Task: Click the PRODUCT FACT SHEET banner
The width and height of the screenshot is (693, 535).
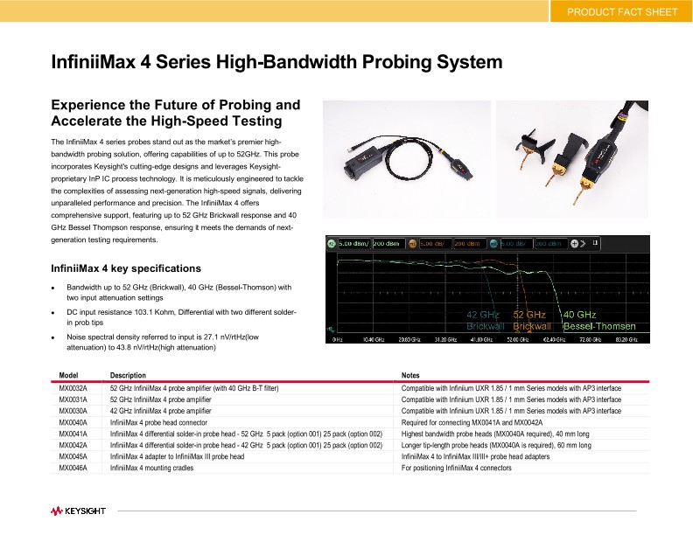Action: click(x=621, y=11)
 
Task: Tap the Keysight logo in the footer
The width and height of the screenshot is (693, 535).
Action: click(x=78, y=509)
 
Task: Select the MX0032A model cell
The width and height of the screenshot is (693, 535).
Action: click(x=73, y=387)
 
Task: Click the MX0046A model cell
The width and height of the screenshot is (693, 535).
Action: click(x=73, y=468)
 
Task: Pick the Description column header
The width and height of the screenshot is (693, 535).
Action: click(x=128, y=375)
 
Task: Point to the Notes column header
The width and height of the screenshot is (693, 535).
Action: click(x=410, y=375)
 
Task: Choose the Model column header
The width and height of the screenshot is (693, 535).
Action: click(x=68, y=375)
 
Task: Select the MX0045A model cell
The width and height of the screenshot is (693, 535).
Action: click(x=73, y=456)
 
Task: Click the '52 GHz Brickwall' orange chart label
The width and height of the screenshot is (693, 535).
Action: click(x=531, y=320)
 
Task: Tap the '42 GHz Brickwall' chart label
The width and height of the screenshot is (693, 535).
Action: click(x=485, y=320)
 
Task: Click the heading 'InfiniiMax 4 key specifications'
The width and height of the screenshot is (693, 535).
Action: click(x=126, y=267)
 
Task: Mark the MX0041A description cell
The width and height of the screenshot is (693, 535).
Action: click(x=246, y=434)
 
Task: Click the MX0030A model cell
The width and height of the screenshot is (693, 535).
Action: click(x=73, y=410)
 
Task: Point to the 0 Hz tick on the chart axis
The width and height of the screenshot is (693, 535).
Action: click(x=337, y=337)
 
